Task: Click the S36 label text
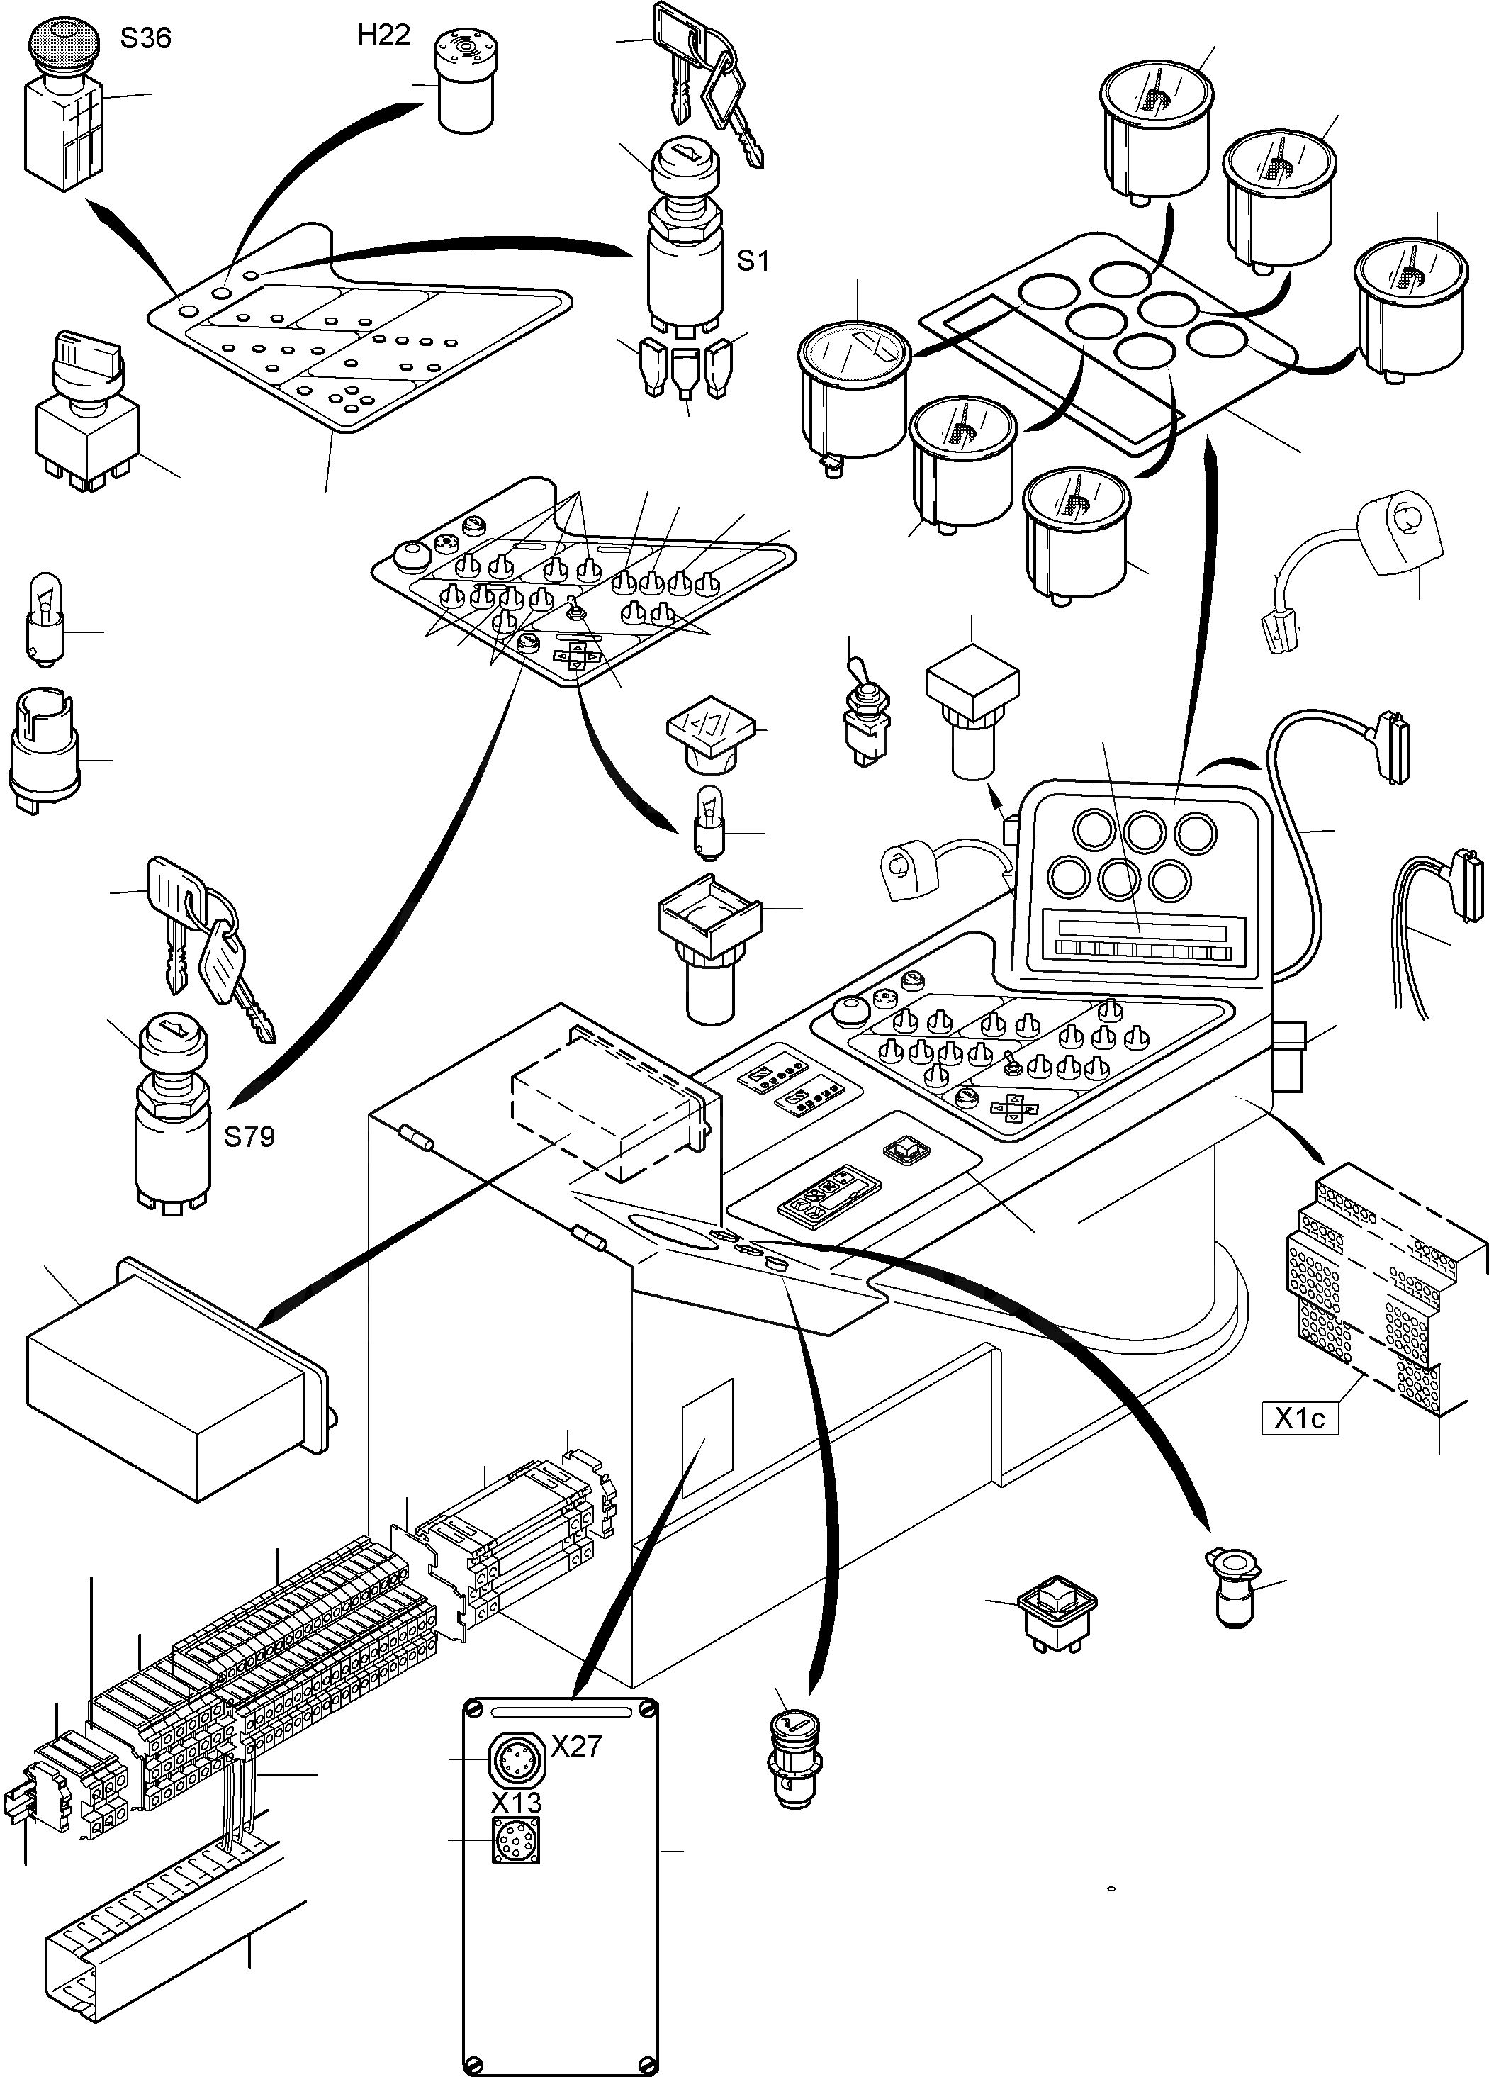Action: click(x=145, y=38)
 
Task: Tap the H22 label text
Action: click(x=383, y=35)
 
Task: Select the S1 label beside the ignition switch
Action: click(x=753, y=261)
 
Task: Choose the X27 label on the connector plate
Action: click(x=576, y=1747)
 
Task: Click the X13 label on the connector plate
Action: click(x=517, y=1803)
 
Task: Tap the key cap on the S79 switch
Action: click(x=173, y=1041)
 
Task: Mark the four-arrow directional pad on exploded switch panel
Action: click(x=575, y=656)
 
